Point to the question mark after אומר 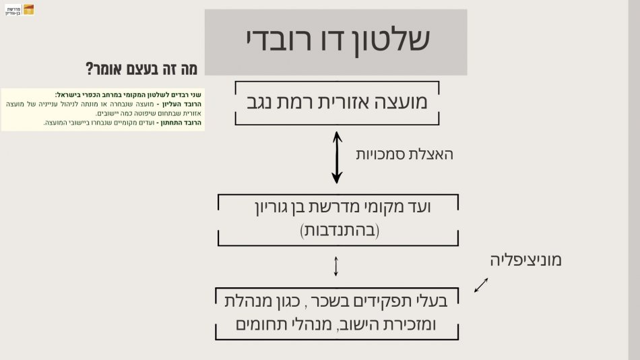[x=89, y=69]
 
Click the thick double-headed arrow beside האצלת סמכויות [x=337, y=157]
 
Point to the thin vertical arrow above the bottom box [x=336, y=266]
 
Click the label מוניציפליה [x=525, y=260]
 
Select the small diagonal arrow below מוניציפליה [x=481, y=285]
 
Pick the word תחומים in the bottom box [x=262, y=325]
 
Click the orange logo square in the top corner [x=28, y=9]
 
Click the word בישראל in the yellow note [x=69, y=95]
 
